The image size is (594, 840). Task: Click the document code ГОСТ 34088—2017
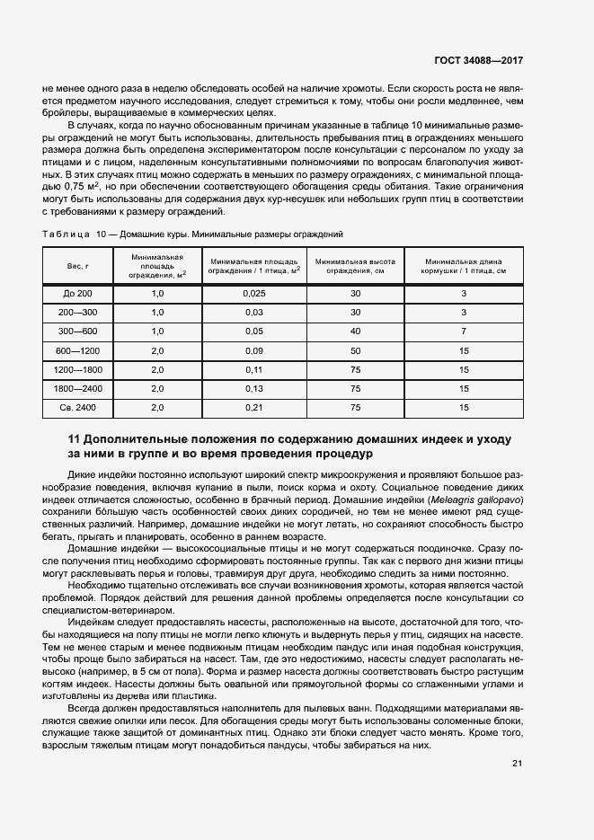coord(477,61)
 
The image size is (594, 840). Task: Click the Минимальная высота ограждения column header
coord(356,266)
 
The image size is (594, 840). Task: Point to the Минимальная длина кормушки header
coord(465,266)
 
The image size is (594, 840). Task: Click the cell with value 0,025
coord(254,294)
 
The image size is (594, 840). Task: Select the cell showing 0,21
coord(254,407)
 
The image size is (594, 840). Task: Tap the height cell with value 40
coord(356,332)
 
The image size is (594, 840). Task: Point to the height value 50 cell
coord(356,350)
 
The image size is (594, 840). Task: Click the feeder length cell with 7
coord(465,332)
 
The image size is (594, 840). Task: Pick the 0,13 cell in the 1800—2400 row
coord(254,388)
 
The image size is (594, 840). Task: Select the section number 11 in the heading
coord(75,439)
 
